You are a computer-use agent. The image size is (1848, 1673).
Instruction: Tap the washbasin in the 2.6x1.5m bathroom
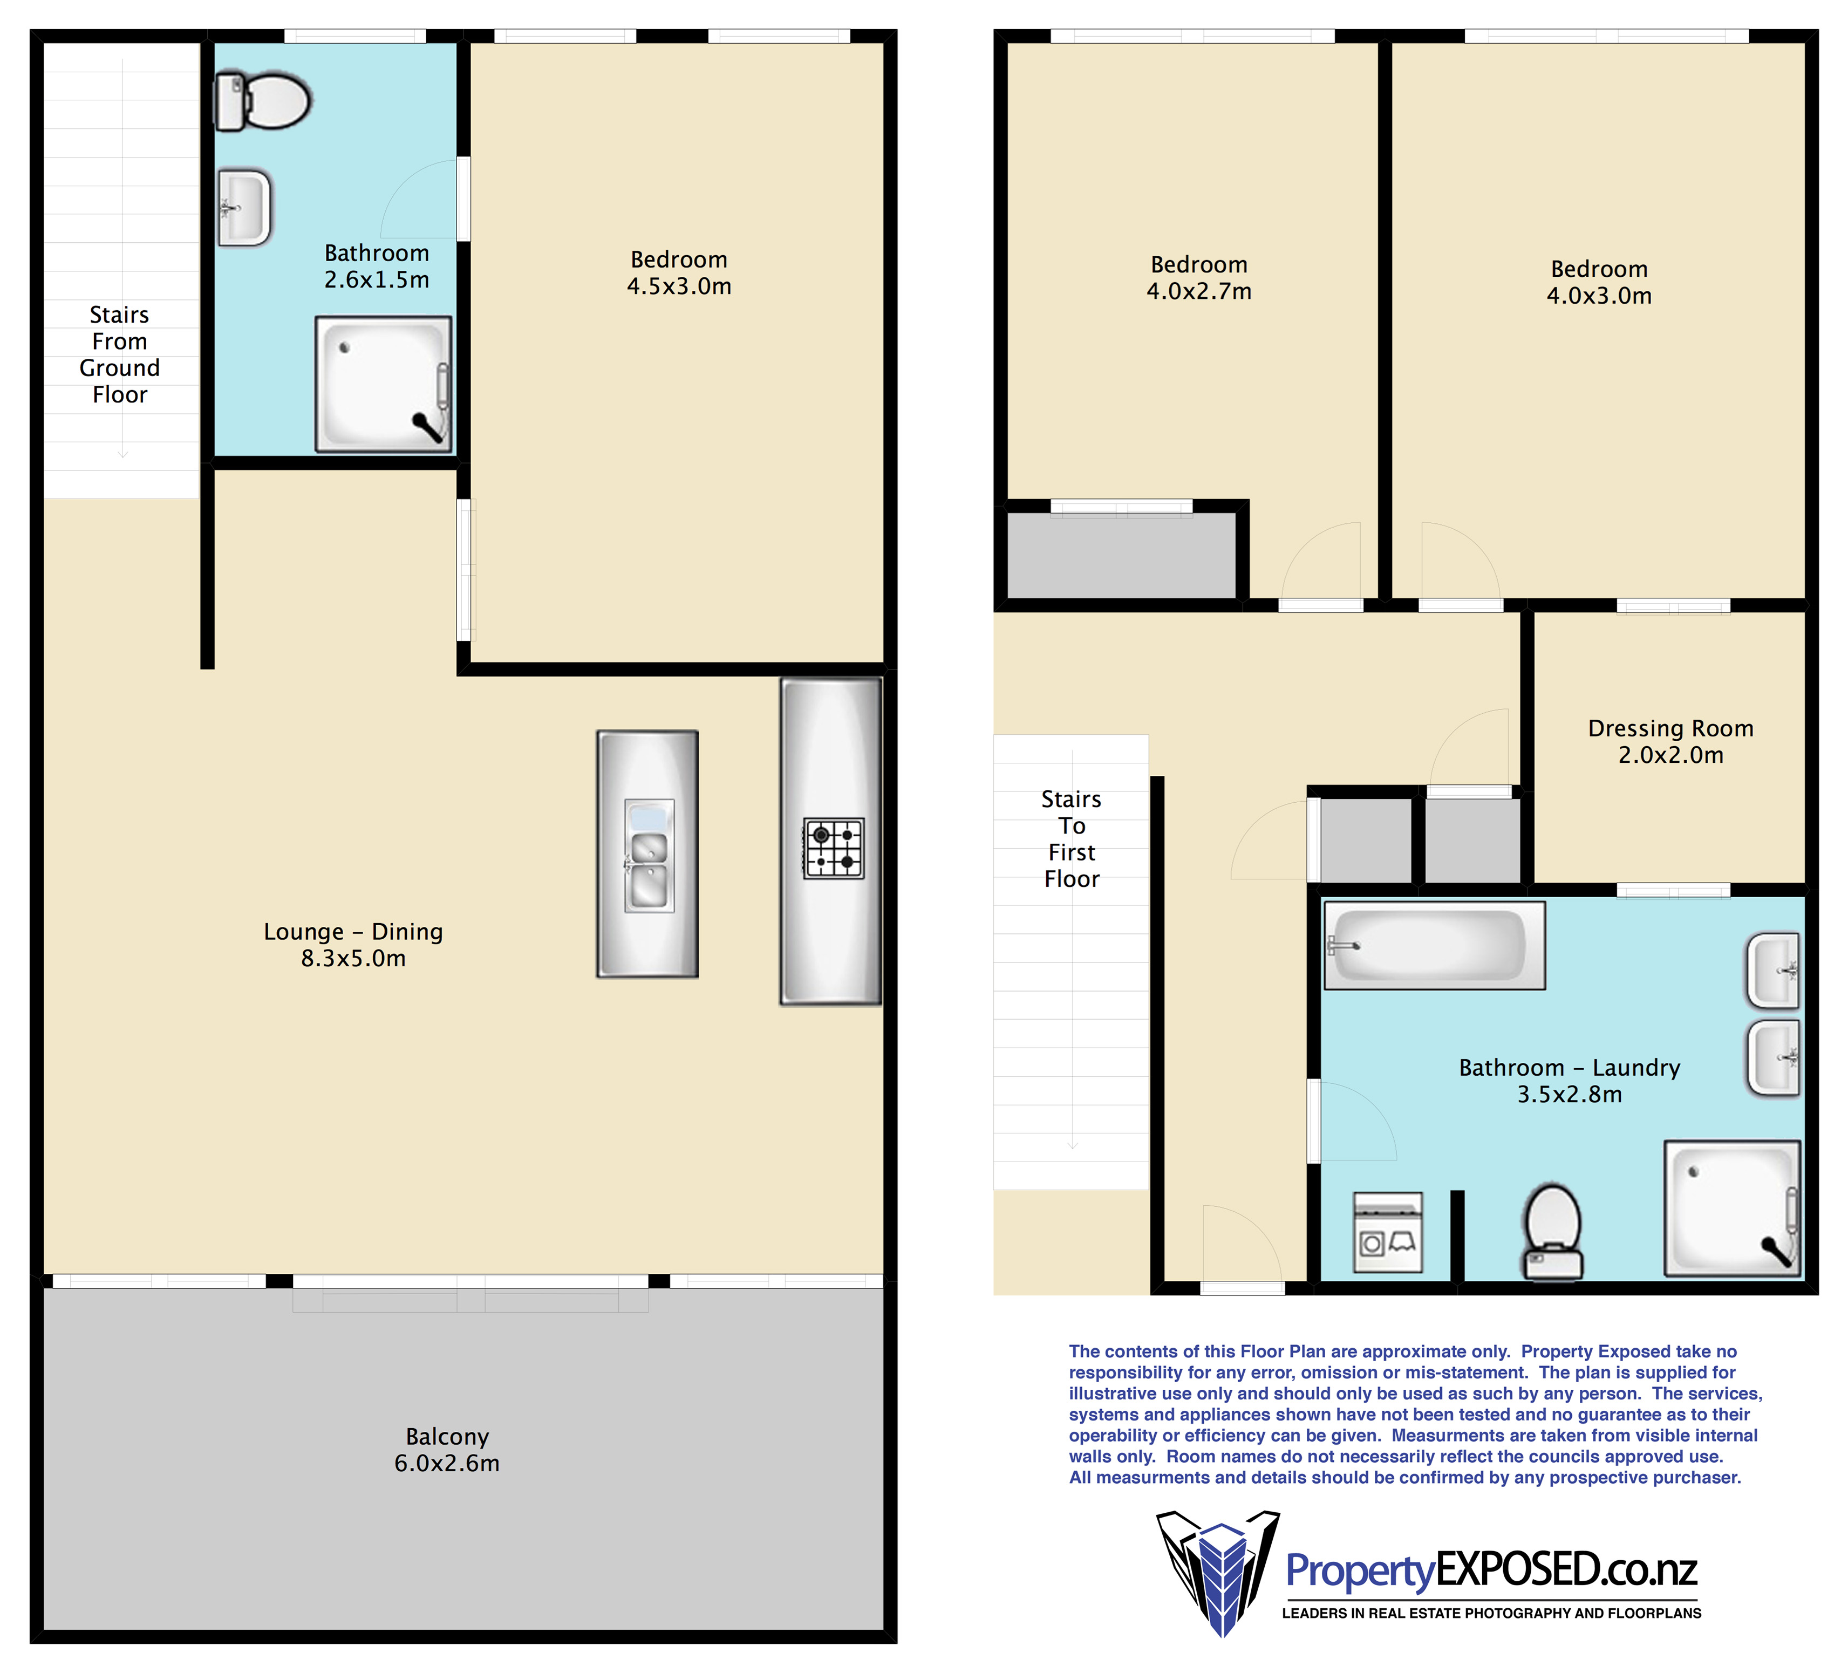coord(245,208)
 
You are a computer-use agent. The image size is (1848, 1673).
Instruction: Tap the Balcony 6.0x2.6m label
coord(447,1449)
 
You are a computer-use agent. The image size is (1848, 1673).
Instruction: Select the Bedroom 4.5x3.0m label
coord(679,272)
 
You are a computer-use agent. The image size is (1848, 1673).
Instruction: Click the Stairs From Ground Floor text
coord(120,355)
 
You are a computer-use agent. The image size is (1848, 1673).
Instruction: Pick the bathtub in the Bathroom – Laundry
coord(1435,945)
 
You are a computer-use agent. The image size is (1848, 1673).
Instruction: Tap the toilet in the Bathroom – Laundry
coord(1553,1232)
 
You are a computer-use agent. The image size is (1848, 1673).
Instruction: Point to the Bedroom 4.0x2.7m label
coord(1199,278)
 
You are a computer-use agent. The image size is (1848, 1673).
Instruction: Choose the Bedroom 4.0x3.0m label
coord(1600,282)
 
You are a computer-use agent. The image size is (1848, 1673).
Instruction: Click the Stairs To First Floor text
coord(1072,839)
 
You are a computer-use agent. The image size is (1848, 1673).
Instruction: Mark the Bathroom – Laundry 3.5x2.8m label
coord(1570,1081)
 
